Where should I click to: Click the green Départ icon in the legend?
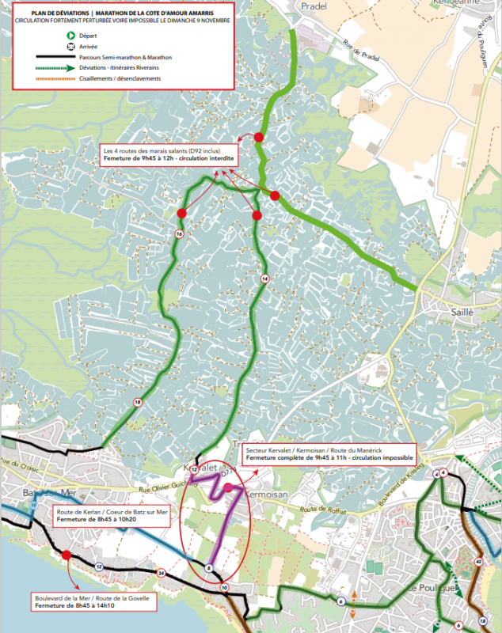pyautogui.click(x=71, y=36)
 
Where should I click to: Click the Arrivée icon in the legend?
pyautogui.click(x=71, y=47)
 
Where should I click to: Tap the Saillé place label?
pyautogui.click(x=461, y=312)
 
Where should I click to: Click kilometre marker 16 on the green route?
pyautogui.click(x=180, y=235)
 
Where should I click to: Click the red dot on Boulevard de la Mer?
pyautogui.click(x=67, y=555)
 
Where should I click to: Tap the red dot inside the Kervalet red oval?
pyautogui.click(x=229, y=487)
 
